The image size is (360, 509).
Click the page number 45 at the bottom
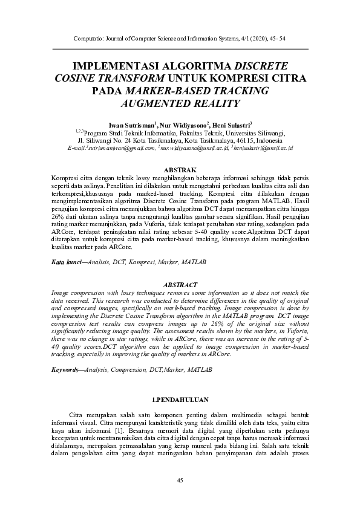180,480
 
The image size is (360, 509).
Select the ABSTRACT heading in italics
180,285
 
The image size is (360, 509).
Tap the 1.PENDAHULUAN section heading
180,400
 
